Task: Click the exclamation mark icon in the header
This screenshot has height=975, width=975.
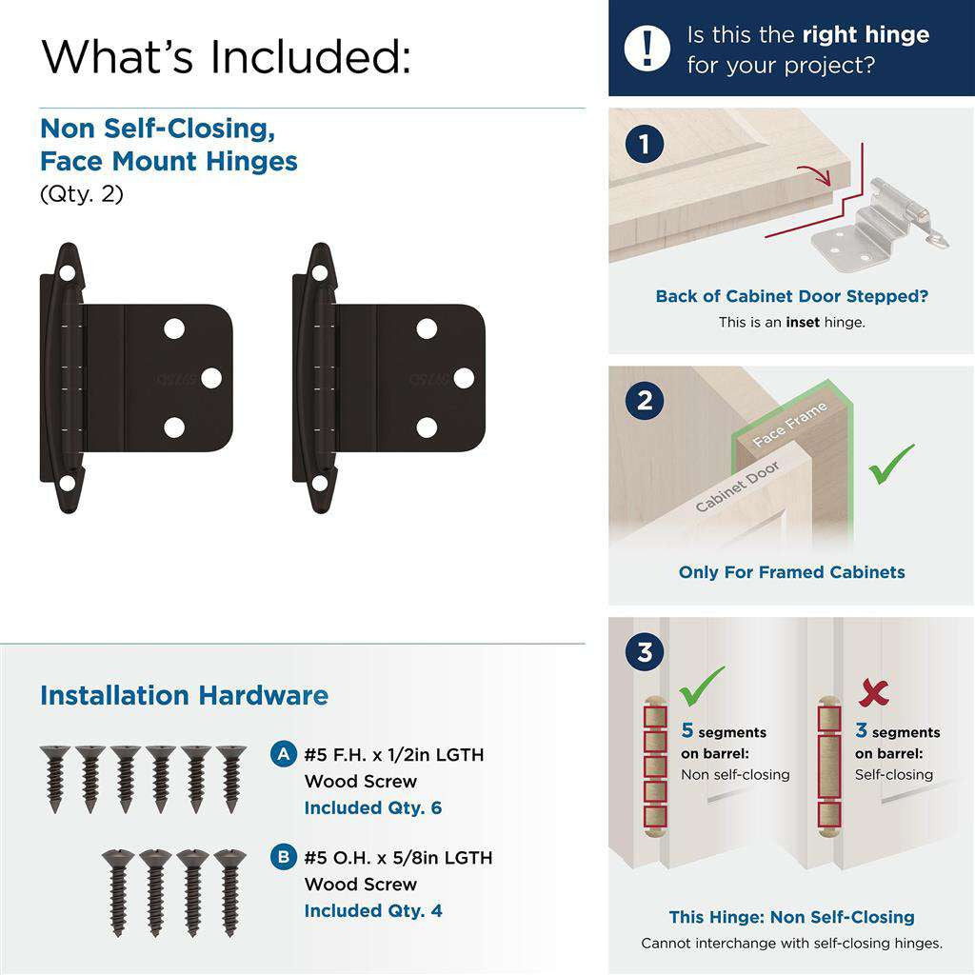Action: pos(648,48)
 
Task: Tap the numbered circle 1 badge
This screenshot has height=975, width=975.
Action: pos(645,145)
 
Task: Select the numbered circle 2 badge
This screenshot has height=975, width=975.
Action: pos(645,400)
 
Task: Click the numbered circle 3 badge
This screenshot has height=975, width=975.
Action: pos(645,652)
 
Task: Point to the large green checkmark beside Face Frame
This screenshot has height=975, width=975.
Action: pos(891,464)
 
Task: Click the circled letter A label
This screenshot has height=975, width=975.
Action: pos(283,754)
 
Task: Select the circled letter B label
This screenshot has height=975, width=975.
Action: pos(283,857)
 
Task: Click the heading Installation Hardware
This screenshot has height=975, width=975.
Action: pos(184,695)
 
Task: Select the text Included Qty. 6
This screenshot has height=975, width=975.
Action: pos(372,807)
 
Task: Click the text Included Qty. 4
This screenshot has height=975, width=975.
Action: pos(372,910)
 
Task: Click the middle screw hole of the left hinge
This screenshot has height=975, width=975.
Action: pos(211,378)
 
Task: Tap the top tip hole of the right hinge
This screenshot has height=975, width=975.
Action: pos(320,272)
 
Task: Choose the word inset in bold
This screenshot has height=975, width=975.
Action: pos(802,322)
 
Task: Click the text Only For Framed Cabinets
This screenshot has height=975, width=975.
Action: pos(791,572)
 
